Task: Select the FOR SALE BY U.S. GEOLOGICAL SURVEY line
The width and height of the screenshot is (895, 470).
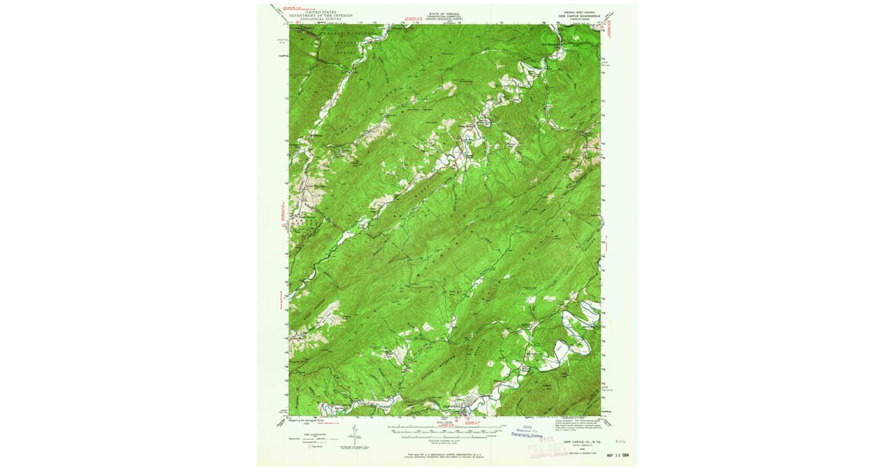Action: pos(445,454)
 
